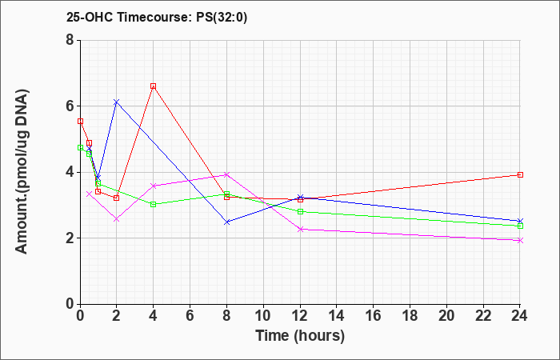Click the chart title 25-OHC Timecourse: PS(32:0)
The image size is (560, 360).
[x=157, y=18]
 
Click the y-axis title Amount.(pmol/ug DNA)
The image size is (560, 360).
[x=22, y=171]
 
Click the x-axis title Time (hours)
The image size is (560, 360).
[x=300, y=336]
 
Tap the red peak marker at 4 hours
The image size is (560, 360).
[x=154, y=86]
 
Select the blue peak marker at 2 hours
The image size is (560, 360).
[x=117, y=102]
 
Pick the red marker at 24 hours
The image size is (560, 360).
[x=520, y=174]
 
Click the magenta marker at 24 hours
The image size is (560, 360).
[x=520, y=240]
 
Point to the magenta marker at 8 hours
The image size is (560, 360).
[x=226, y=174]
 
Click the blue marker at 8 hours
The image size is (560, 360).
[x=226, y=222]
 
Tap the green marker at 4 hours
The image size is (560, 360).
[x=154, y=204]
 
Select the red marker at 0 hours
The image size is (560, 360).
[x=80, y=122]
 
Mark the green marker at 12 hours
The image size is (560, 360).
[x=300, y=211]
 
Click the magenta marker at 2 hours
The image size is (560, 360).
[x=117, y=219]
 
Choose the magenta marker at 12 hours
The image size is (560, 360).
[x=300, y=230]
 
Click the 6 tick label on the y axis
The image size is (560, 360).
[x=70, y=106]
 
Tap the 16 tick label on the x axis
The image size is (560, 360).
[x=374, y=316]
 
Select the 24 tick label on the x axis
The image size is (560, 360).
[x=519, y=316]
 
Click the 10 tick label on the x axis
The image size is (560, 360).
[x=263, y=316]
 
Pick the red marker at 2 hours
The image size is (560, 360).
[x=117, y=198]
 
